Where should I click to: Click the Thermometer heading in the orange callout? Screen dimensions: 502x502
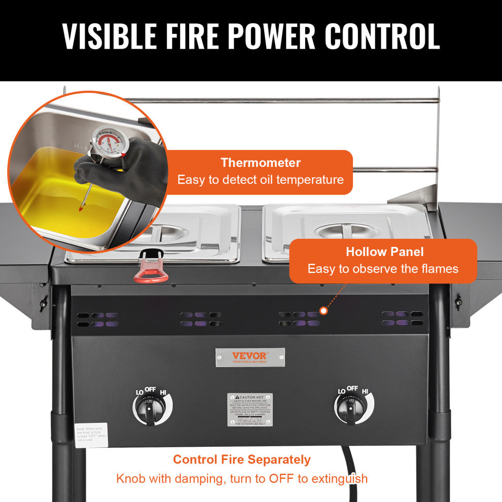tap(260, 163)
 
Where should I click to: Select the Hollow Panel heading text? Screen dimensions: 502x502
tap(384, 252)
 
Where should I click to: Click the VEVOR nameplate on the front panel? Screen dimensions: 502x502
tap(250, 357)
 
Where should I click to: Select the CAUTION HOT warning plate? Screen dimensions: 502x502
tap(249, 409)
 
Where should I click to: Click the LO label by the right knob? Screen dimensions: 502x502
tap(342, 391)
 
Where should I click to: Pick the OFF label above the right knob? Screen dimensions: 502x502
tap(352, 388)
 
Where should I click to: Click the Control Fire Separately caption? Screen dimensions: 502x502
tap(241, 459)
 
